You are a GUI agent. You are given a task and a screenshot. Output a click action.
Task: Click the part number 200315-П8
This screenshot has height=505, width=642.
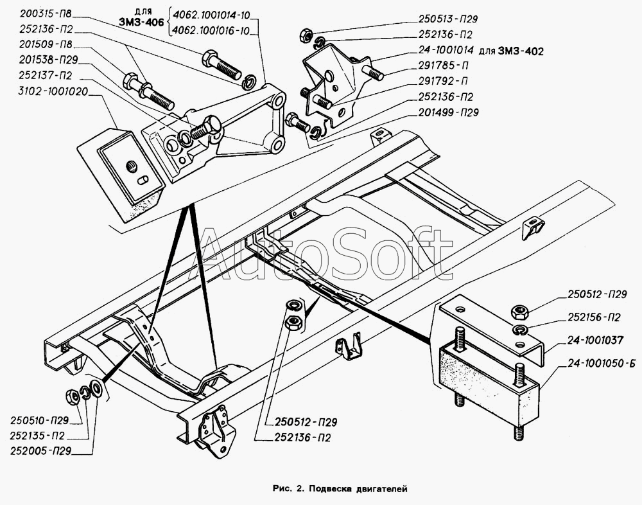pyautogui.click(x=45, y=14)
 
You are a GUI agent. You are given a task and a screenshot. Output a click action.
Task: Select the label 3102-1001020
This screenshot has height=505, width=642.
pyautogui.click(x=53, y=91)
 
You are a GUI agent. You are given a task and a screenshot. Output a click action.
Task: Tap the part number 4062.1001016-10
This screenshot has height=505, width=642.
pyautogui.click(x=211, y=31)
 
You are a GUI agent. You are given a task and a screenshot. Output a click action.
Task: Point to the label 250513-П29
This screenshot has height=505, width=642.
pyautogui.click(x=447, y=19)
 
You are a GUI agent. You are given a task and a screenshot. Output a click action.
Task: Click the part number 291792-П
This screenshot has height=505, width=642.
pyautogui.click(x=442, y=81)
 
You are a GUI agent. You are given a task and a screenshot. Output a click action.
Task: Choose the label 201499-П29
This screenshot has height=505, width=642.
pyautogui.click(x=448, y=112)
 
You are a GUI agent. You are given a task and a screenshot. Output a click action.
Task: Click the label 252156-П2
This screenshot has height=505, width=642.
pyautogui.click(x=594, y=317)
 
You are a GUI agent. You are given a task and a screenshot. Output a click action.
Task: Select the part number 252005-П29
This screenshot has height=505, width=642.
pyautogui.click(x=41, y=451)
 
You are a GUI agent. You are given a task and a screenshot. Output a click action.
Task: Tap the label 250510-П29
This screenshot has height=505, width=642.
pyautogui.click(x=40, y=420)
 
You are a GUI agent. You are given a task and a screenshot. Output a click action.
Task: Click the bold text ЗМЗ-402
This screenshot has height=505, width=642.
pyautogui.click(x=521, y=51)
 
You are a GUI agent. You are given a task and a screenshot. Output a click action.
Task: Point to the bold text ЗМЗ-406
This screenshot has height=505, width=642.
pyautogui.click(x=141, y=22)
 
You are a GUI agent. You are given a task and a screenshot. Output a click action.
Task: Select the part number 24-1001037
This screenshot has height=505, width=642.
pyautogui.click(x=595, y=341)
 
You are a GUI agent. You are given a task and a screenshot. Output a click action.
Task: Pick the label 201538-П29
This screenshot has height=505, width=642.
pyautogui.click(x=48, y=60)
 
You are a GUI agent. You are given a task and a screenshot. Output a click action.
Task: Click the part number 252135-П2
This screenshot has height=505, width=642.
pyautogui.click(x=39, y=436)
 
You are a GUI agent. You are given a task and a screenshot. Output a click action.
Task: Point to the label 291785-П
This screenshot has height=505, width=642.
pyautogui.click(x=444, y=66)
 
